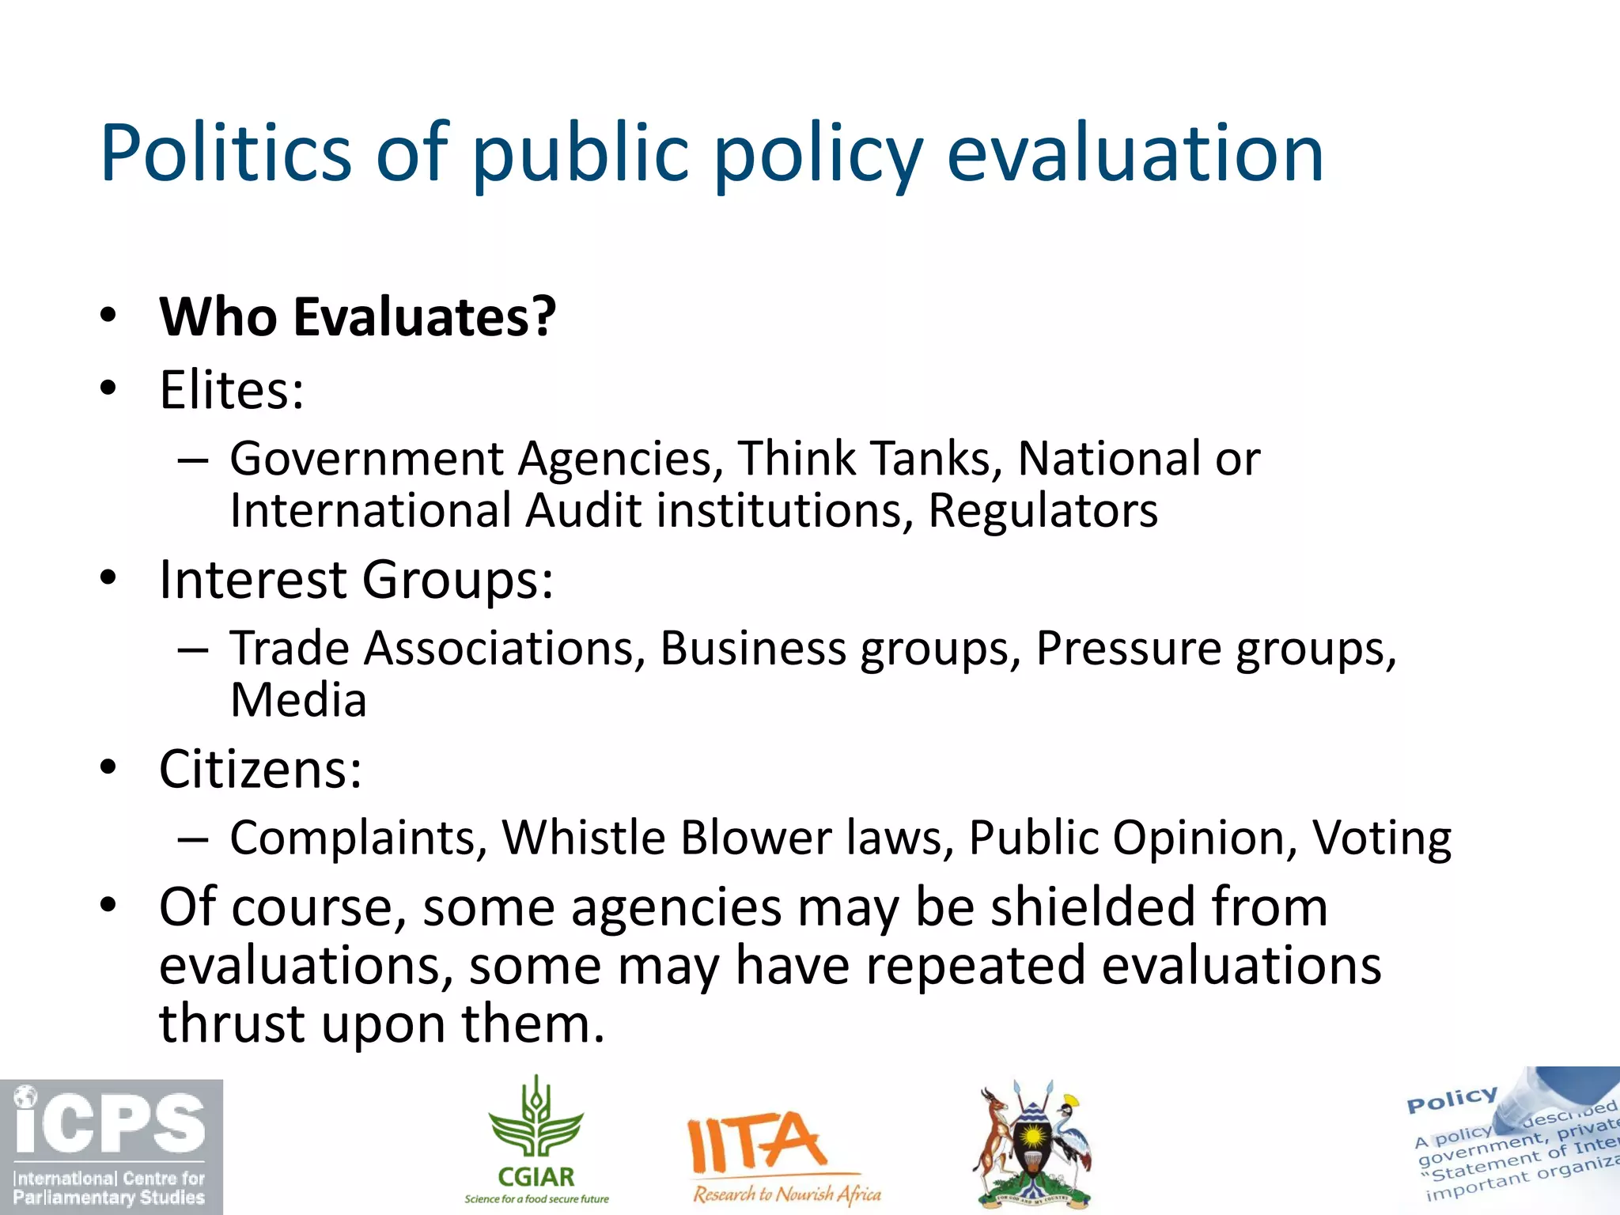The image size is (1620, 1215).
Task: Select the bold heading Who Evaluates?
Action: tap(358, 316)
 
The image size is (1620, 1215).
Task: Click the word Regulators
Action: tap(1043, 510)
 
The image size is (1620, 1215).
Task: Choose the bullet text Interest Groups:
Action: tap(356, 580)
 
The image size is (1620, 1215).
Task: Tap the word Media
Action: tap(298, 700)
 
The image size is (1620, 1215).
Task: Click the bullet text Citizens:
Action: tap(260, 769)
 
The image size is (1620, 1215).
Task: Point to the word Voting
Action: tap(1381, 838)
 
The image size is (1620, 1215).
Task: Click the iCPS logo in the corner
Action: tap(111, 1146)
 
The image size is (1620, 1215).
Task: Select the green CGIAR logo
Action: tap(536, 1139)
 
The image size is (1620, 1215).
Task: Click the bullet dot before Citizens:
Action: tap(108, 767)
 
